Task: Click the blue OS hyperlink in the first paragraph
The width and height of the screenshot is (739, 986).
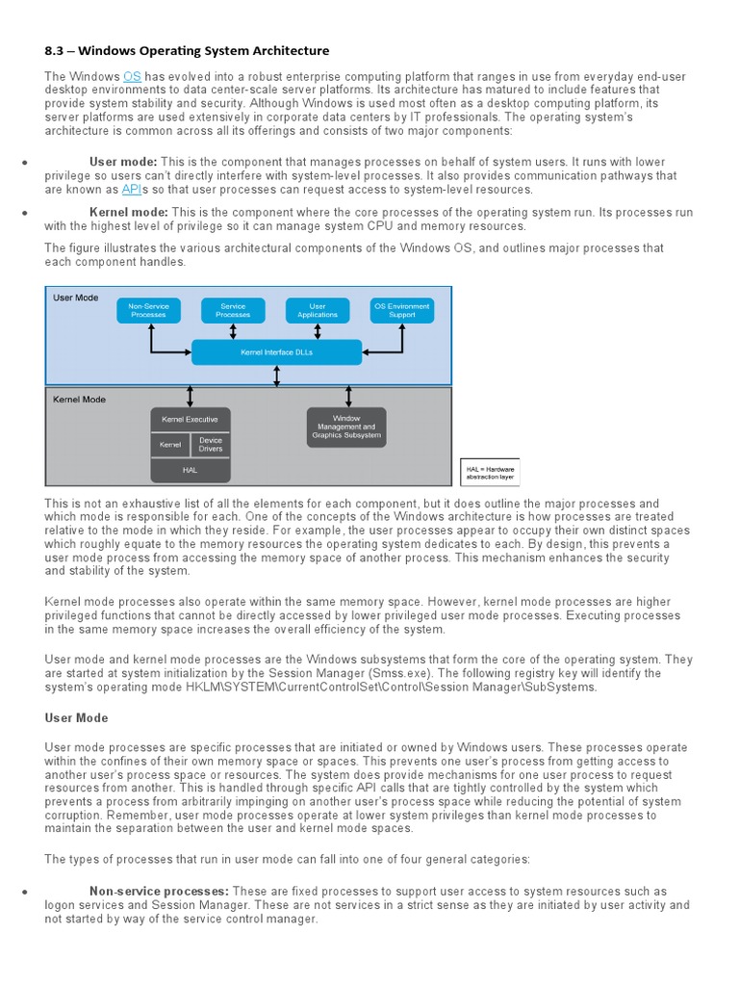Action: pos(134,76)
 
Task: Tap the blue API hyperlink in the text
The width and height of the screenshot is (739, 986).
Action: pos(132,190)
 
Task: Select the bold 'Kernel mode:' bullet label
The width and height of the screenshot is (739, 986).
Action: pos(129,212)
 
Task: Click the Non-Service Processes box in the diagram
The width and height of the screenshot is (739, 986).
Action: pos(148,310)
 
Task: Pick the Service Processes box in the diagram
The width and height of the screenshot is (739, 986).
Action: pos(233,310)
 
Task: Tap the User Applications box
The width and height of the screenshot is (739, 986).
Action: pos(318,310)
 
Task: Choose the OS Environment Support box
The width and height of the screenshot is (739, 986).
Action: pos(402,310)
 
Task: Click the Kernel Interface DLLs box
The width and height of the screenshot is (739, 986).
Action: pos(276,352)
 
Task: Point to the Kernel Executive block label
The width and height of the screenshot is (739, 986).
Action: pos(191,420)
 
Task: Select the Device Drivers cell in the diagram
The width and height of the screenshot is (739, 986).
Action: pos(210,445)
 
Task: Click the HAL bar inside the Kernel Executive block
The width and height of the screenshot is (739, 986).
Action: pos(191,470)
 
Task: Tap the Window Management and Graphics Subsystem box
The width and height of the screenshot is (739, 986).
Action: pos(346,428)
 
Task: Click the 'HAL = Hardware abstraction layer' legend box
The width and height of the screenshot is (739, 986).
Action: pos(490,472)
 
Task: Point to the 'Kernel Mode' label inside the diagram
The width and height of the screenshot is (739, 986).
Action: pos(80,399)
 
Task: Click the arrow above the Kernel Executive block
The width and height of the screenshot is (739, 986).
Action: pos(191,396)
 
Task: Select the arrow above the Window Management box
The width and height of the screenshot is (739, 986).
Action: pos(346,396)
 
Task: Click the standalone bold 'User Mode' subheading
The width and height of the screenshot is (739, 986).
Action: pos(77,718)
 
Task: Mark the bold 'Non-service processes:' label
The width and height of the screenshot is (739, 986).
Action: pos(159,892)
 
